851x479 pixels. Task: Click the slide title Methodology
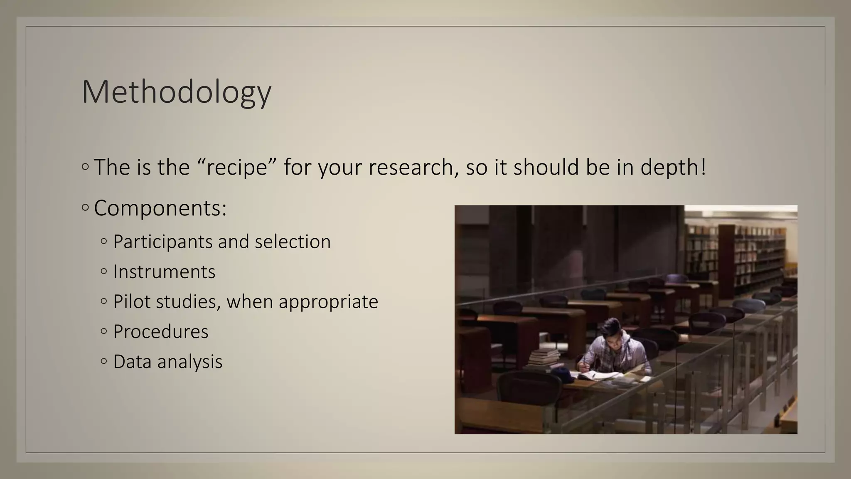pos(177,92)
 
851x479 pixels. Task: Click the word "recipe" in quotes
pos(236,167)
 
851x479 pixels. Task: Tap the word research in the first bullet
pos(413,167)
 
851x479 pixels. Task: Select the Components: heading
pos(160,208)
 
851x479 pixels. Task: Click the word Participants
pos(162,242)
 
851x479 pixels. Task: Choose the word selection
pos(293,242)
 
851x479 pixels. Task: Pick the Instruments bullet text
pos(164,272)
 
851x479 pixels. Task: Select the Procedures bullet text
pos(160,332)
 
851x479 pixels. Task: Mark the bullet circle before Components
pos(85,207)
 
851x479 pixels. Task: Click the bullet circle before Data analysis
pos(104,361)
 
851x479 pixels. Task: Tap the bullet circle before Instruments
pos(104,272)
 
